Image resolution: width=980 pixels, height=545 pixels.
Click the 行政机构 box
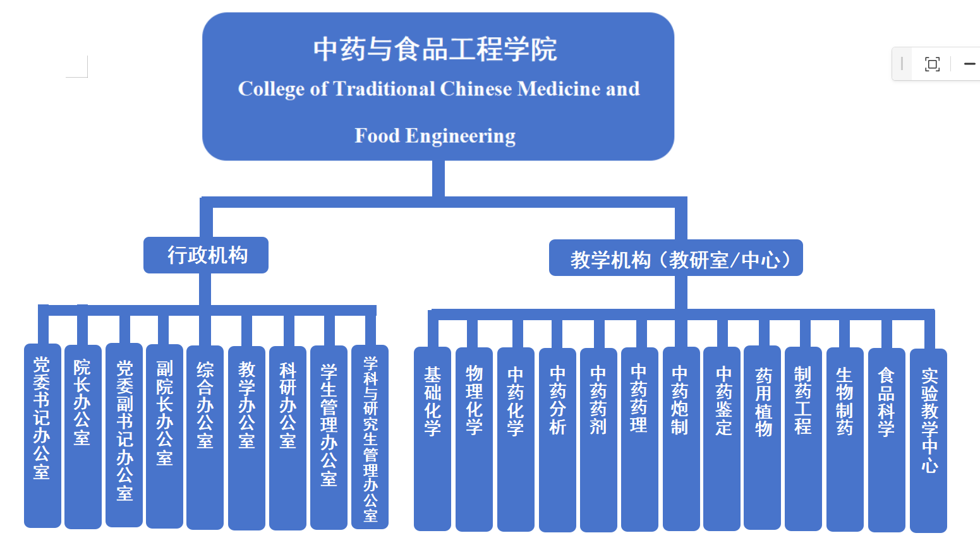tap(206, 255)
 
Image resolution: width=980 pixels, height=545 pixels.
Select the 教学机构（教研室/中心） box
tap(675, 258)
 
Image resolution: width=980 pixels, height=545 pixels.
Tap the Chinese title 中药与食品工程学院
tap(435, 49)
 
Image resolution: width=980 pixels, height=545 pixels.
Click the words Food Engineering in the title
tap(435, 136)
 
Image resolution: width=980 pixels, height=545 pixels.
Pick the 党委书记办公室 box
tap(42, 436)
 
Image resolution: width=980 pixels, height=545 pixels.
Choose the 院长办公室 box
tap(83, 436)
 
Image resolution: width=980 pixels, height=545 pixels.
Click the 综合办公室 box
tap(205, 436)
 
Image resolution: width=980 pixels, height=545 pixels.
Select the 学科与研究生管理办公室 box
tap(370, 437)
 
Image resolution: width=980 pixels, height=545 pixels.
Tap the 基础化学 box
tap(432, 438)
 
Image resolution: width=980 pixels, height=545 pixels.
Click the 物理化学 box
tap(474, 438)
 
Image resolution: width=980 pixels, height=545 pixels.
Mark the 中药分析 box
tap(557, 438)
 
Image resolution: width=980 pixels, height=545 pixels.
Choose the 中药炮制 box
tap(681, 438)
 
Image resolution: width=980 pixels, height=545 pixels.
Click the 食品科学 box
tap(886, 438)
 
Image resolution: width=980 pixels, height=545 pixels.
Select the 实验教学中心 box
tap(928, 440)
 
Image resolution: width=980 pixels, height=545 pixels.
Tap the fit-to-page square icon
tap(932, 64)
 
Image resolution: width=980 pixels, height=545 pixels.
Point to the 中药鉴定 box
tap(722, 438)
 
